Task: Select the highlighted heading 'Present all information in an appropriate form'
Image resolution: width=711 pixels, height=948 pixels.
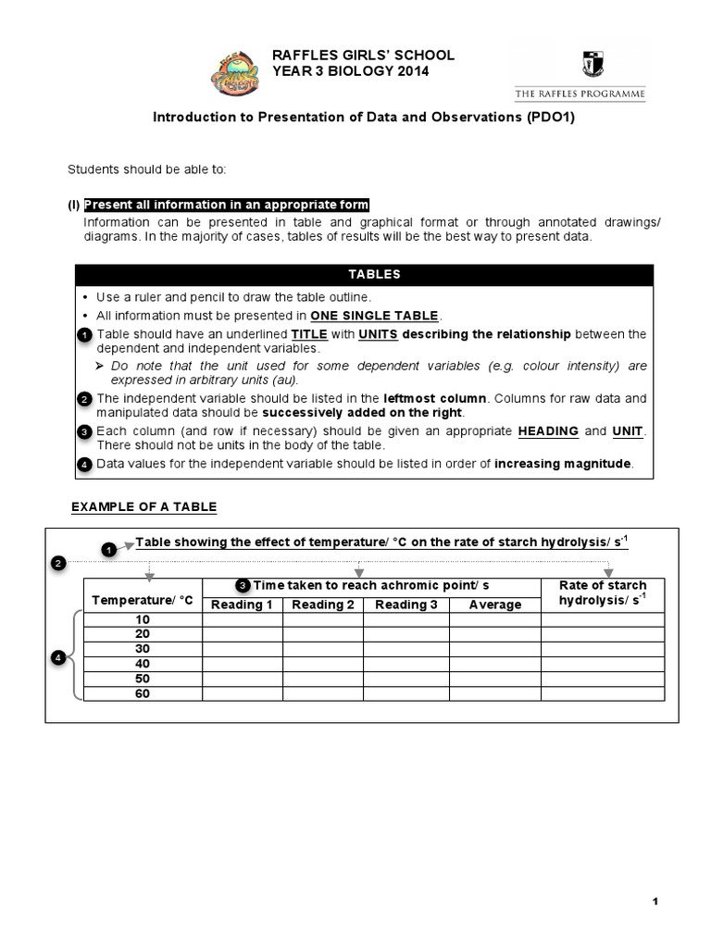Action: point(227,205)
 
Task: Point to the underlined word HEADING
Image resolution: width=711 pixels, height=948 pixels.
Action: point(548,431)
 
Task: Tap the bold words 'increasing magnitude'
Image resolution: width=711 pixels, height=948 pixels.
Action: point(564,464)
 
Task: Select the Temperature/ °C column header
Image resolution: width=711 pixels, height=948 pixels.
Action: point(143,600)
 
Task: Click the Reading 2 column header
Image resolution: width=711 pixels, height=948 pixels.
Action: point(323,605)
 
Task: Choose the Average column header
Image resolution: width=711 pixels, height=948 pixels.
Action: point(495,605)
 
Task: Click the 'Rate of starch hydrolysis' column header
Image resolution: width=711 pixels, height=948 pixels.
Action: point(603,593)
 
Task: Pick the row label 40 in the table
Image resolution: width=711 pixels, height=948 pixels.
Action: point(143,663)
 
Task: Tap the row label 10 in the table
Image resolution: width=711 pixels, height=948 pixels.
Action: point(143,618)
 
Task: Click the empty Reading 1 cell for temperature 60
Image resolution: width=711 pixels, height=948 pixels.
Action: point(243,692)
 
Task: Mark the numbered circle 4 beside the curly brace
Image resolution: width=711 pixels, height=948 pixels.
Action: point(58,657)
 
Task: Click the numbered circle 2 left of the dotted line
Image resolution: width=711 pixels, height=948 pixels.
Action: point(58,563)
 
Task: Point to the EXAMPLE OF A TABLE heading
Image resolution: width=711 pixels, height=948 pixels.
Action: point(143,506)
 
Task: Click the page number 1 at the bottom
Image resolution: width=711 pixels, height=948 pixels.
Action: point(654,903)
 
